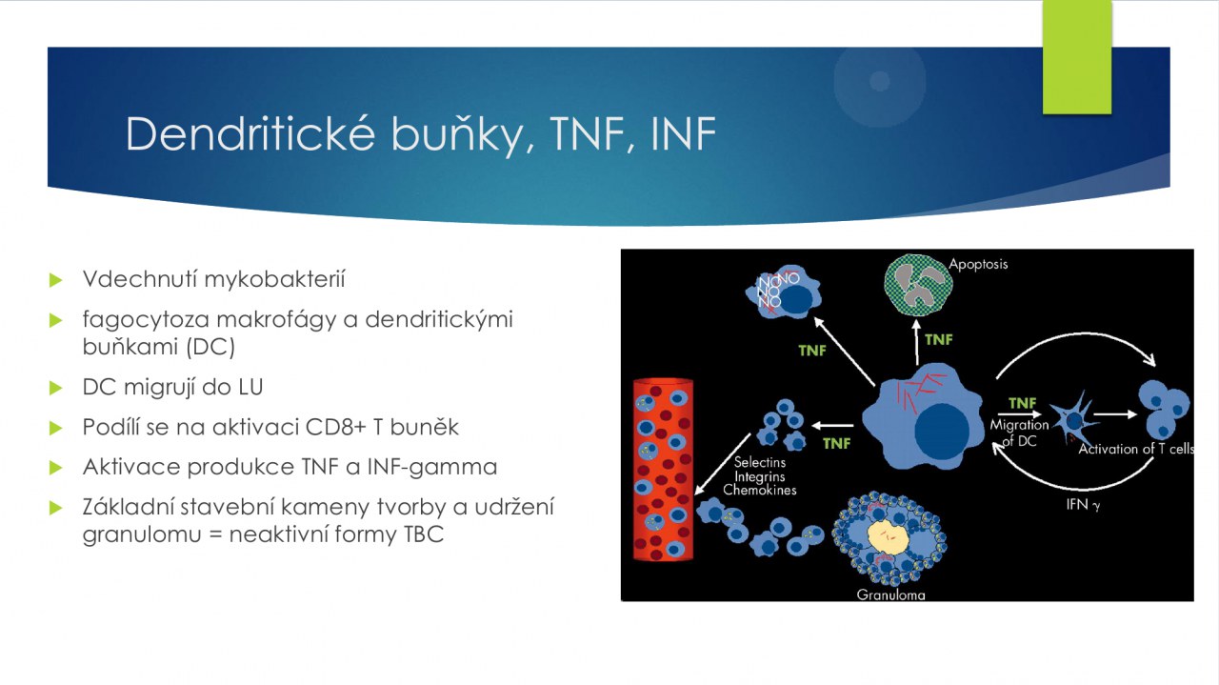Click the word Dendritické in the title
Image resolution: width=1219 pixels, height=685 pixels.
click(250, 133)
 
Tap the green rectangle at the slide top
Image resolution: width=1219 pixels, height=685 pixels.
click(1077, 56)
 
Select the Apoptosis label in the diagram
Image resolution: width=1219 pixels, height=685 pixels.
click(978, 264)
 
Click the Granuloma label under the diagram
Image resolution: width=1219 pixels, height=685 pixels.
click(890, 594)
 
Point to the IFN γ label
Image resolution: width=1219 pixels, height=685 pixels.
click(1083, 505)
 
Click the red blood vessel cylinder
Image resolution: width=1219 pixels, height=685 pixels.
click(663, 470)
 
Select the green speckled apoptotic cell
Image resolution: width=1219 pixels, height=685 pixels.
click(918, 285)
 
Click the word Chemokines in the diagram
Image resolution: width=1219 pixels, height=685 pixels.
click(760, 490)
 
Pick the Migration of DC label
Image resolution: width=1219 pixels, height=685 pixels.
click(1019, 433)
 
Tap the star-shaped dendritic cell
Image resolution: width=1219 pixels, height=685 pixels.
click(1074, 420)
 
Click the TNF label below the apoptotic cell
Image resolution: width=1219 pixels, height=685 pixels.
click(939, 339)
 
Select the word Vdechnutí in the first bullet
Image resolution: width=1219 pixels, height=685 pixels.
click(139, 279)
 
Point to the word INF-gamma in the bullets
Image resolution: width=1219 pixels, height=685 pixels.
click(432, 468)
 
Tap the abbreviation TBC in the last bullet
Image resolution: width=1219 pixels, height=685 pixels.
click(424, 534)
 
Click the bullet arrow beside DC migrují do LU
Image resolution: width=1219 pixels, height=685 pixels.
click(55, 388)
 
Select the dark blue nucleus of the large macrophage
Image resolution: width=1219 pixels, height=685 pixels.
click(942, 431)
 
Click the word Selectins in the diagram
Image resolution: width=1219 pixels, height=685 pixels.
click(760, 462)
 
